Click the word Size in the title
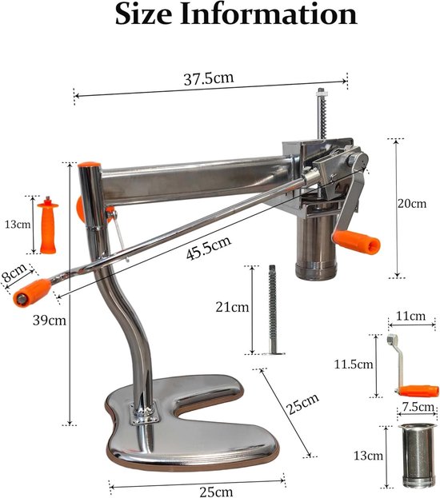(x=144, y=14)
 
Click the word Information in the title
(x=269, y=14)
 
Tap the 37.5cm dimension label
(x=209, y=78)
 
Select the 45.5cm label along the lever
(x=209, y=248)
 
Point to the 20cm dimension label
(x=412, y=203)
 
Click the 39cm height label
(x=50, y=320)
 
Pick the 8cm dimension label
(x=14, y=273)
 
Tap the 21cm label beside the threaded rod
(x=232, y=307)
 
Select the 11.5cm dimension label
(x=354, y=365)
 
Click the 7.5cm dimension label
(x=418, y=407)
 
